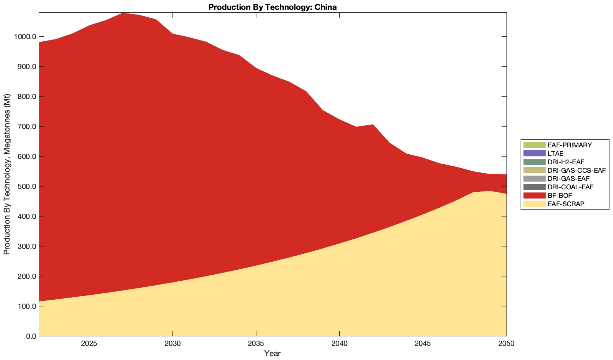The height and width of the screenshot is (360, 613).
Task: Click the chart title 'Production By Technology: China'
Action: tap(272, 7)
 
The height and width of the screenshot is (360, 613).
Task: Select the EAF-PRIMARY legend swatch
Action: tap(534, 145)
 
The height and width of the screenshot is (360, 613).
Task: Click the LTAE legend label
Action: tap(556, 153)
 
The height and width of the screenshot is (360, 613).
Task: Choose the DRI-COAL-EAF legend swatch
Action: tap(534, 187)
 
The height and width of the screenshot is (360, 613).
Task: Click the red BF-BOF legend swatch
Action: tap(534, 195)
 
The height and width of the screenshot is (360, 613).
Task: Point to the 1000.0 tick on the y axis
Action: tap(25, 37)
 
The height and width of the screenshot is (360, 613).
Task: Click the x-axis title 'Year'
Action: tap(272, 353)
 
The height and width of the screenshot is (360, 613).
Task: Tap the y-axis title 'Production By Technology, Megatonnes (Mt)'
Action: tap(7, 174)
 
